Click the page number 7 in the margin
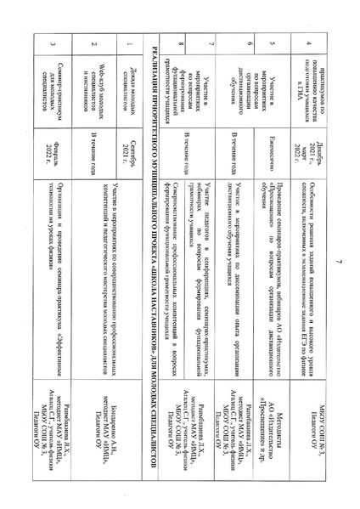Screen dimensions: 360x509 pos(338,246)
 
